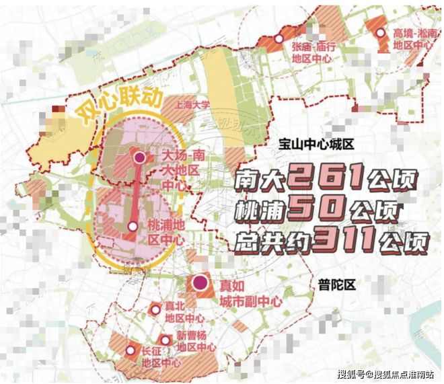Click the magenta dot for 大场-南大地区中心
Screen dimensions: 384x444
point(139,158)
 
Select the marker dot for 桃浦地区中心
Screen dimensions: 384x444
point(133,227)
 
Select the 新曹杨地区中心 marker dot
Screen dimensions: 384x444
point(165,340)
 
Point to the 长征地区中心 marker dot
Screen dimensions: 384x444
point(128,350)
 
